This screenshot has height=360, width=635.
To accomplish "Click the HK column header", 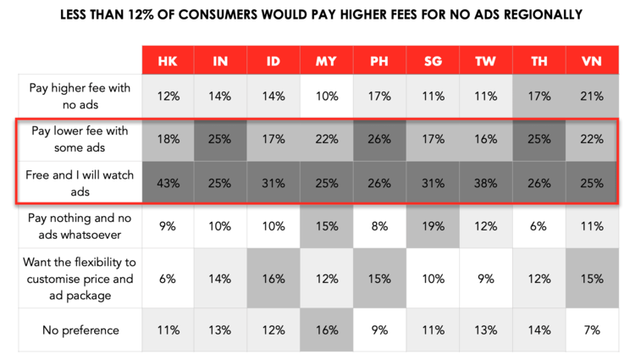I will tap(167, 62).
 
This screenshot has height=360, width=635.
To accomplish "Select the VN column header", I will tap(591, 62).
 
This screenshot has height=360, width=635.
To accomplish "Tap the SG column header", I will tap(432, 62).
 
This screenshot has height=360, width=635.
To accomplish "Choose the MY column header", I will tap(326, 62).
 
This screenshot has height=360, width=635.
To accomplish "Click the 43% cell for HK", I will tap(167, 181).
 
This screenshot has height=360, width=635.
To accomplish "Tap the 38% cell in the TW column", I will tap(485, 181).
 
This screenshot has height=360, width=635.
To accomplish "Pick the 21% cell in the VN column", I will tap(591, 96).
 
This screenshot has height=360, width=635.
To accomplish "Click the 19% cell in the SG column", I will tap(432, 226).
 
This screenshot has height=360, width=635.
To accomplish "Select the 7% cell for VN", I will tap(591, 330).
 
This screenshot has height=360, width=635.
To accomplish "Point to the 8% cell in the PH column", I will tap(379, 226).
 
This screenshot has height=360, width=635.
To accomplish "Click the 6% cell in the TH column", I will tap(538, 226).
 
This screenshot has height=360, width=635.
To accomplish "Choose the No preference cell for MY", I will tap(326, 330).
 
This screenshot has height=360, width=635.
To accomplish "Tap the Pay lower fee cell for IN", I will tap(220, 139).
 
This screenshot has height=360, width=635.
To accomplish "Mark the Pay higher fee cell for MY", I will tap(326, 96).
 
